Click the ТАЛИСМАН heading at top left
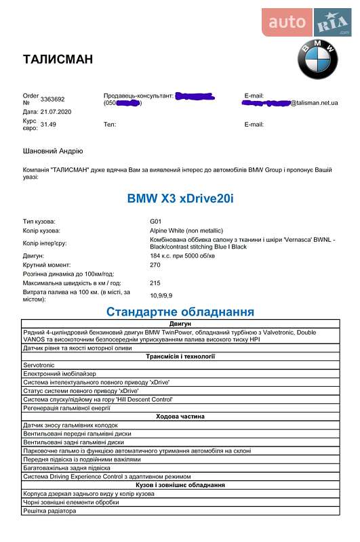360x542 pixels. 58,59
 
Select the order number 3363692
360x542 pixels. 53,100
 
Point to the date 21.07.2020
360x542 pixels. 57,111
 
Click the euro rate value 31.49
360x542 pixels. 48,125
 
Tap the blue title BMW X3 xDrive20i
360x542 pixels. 181,199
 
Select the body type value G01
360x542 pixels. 156,222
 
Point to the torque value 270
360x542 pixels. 155,265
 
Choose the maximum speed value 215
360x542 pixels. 155,283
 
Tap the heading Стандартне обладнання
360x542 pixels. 180,312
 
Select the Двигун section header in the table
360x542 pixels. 180,324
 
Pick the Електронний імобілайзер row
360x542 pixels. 60,373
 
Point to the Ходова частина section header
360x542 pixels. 180,417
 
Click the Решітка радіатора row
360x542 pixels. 49,511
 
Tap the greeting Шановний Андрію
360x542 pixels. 54,152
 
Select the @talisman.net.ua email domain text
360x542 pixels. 315,103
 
